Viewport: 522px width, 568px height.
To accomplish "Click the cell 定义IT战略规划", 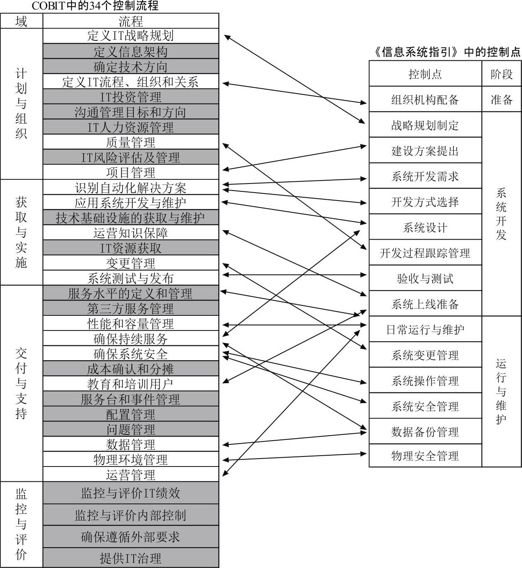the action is pos(131,36).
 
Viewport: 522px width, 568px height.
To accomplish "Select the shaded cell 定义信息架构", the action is pos(131,51).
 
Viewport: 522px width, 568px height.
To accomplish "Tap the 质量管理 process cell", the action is pos(131,142).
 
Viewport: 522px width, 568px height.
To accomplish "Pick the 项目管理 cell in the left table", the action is pos(131,172).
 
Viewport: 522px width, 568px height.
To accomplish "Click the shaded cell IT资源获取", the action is pos(131,248).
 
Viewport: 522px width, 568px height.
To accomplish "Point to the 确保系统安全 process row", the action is pos(131,353).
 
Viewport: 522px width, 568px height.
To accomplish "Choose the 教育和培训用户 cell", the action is pos(131,384).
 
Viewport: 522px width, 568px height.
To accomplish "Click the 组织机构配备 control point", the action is pos(425,99).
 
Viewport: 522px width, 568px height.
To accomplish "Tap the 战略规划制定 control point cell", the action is pos(425,124).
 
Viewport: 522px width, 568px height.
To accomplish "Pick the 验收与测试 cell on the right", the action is pos(425,278).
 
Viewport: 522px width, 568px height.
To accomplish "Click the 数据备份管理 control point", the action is pos(425,431).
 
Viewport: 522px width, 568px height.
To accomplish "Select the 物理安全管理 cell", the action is pos(425,455).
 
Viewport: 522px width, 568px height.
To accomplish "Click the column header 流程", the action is pos(131,21).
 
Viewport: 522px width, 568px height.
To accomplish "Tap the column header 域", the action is pos(22,21).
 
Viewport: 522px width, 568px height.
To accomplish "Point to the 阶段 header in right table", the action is pos(501,74).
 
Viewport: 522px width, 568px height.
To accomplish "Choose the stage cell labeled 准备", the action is pos(501,99).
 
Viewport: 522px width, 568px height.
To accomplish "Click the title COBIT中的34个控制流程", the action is pos(95,6).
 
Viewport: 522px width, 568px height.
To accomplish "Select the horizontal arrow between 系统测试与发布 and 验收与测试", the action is pos(295,275).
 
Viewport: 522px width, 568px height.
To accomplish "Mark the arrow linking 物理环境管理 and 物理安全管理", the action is pos(295,456).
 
